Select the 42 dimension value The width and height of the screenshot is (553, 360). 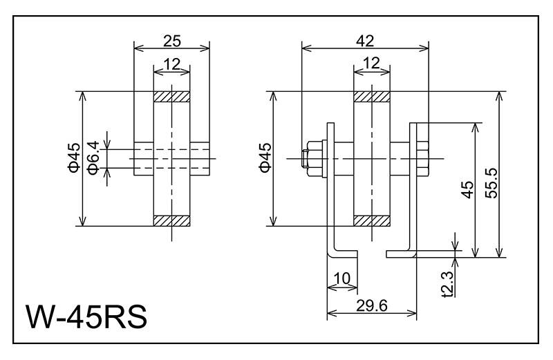[365, 40]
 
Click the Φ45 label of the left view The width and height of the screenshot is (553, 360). [74, 158]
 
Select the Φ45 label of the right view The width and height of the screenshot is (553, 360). [265, 158]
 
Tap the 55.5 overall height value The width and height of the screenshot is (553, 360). [493, 182]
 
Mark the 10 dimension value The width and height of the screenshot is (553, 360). [342, 278]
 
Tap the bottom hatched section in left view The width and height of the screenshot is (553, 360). [171, 220]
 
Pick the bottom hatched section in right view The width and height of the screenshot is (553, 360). [372, 220]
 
